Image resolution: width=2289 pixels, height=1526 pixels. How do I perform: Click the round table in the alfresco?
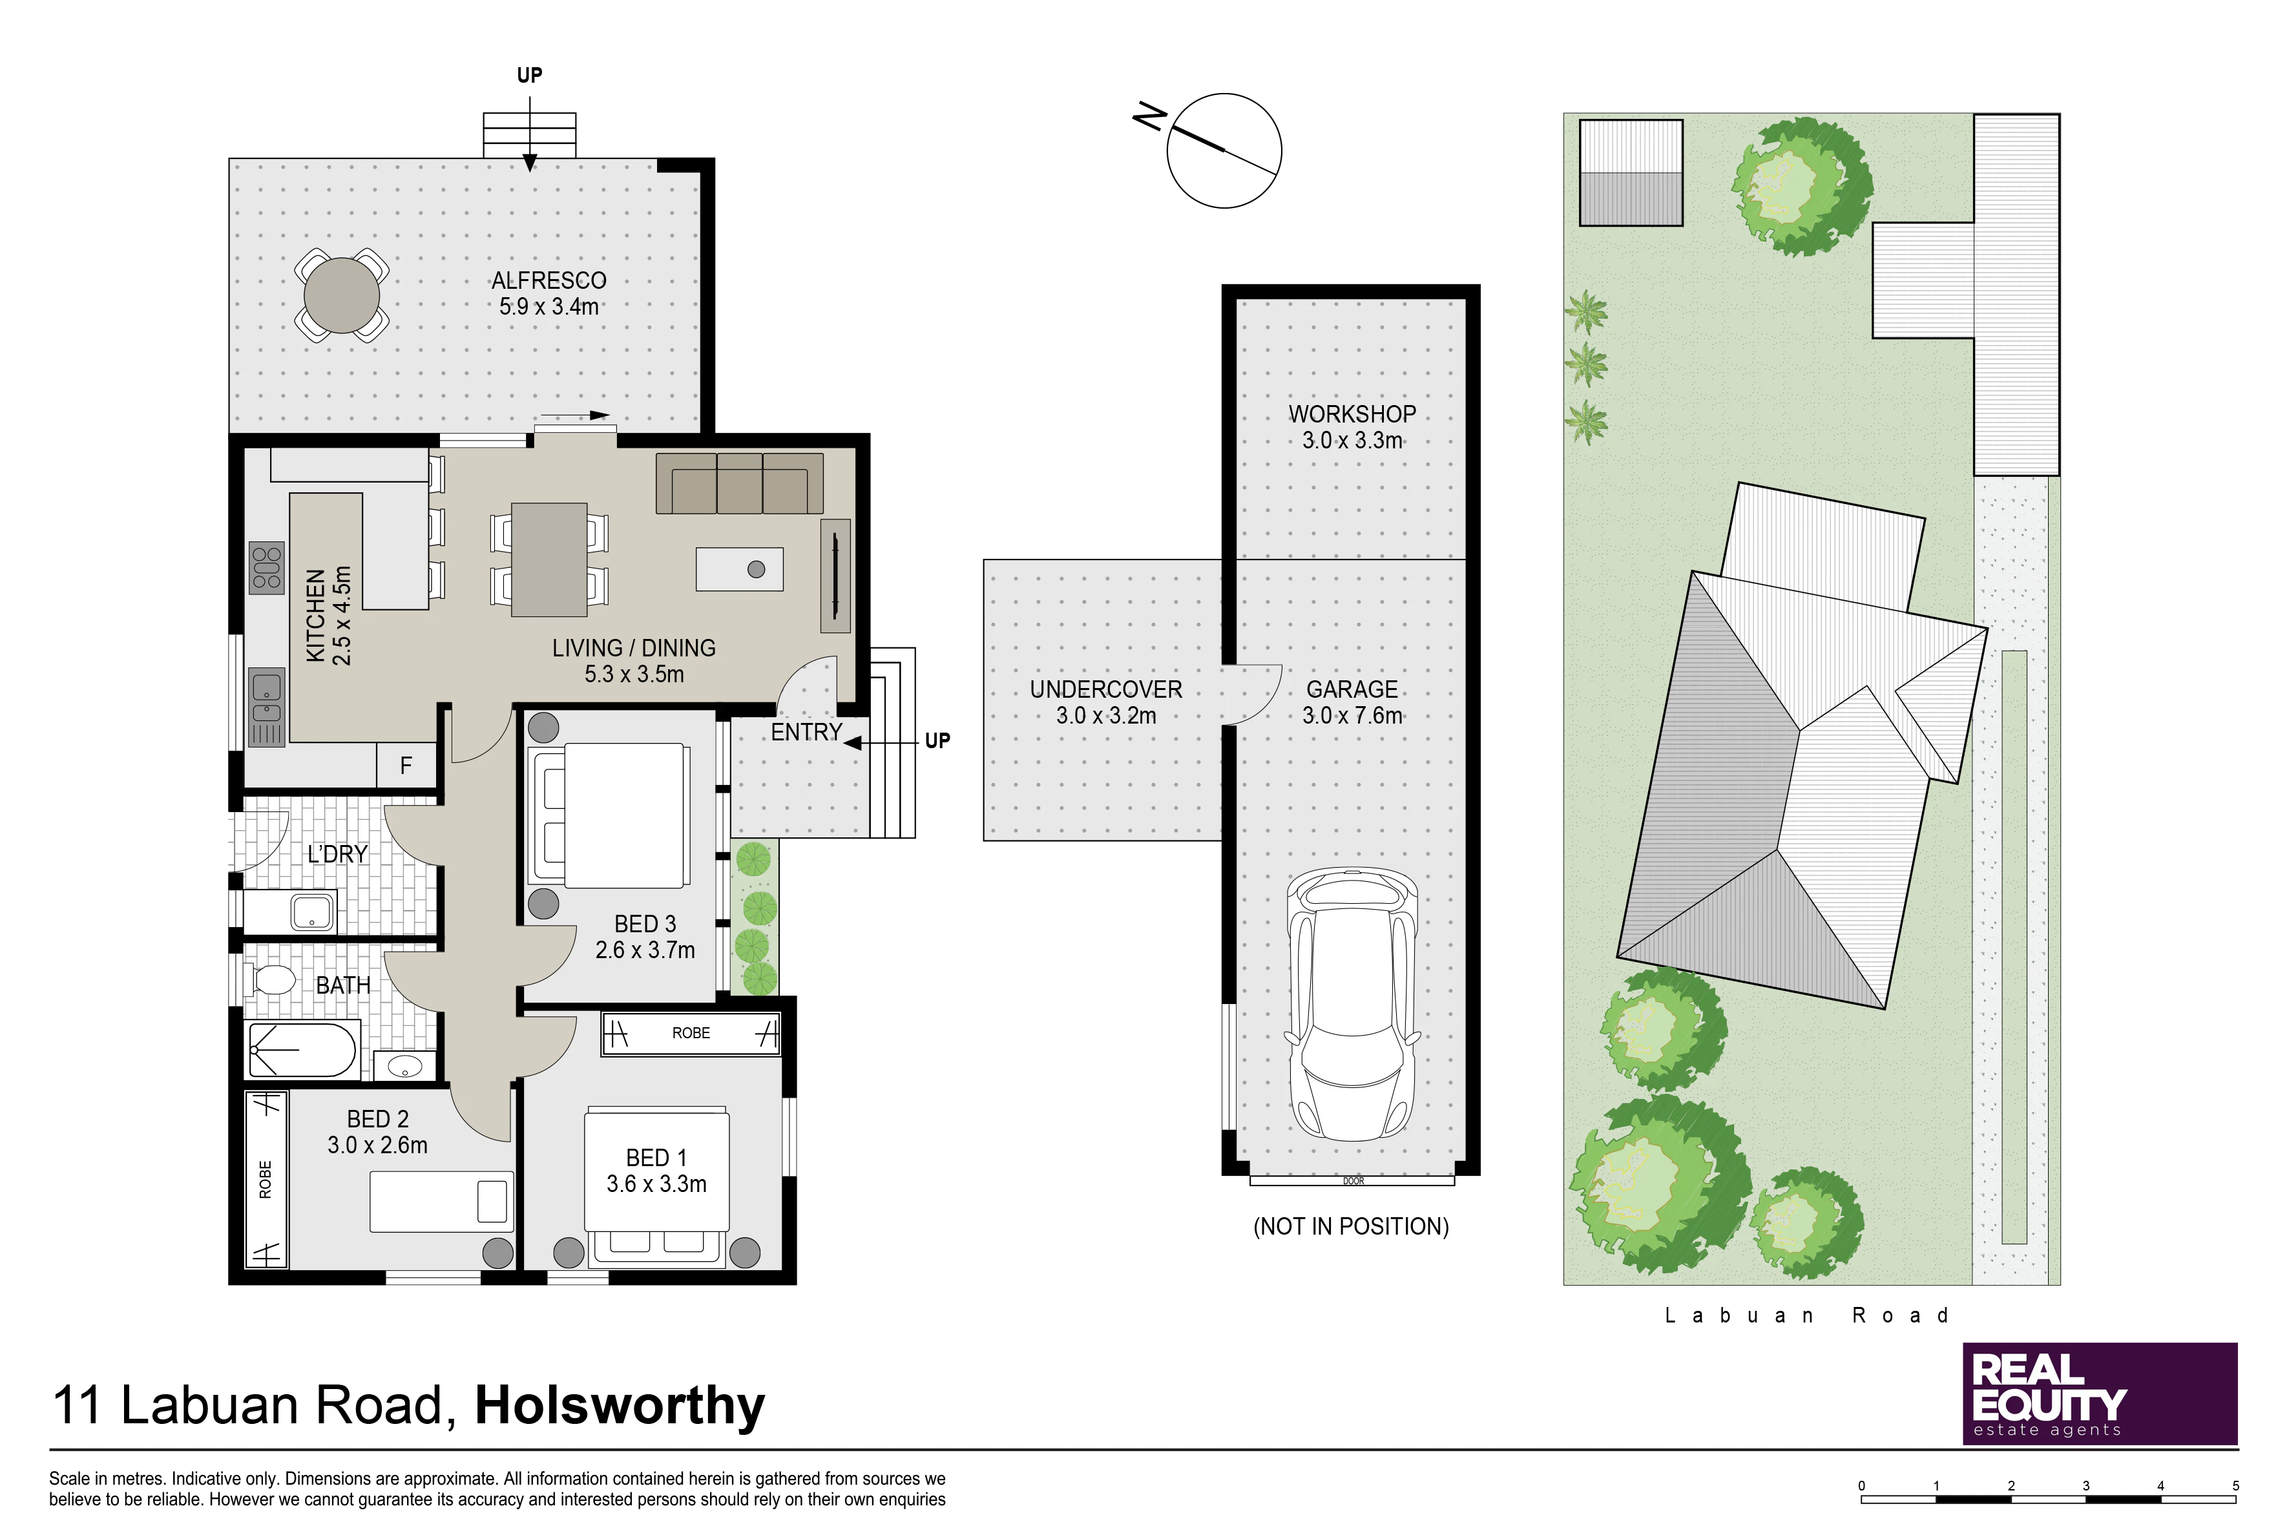tap(342, 295)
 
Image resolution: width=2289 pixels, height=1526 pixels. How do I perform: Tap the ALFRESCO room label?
tap(549, 280)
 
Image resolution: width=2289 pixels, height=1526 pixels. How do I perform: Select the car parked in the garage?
tap(1353, 1003)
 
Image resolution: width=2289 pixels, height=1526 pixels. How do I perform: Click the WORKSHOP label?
tap(1352, 413)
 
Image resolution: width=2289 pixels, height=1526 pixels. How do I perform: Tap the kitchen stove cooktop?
tap(267, 567)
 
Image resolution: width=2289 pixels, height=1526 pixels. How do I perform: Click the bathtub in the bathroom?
tap(302, 1049)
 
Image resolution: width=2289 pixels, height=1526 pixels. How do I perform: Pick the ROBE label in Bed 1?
tap(691, 1032)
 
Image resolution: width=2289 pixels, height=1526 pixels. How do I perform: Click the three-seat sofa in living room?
tap(740, 483)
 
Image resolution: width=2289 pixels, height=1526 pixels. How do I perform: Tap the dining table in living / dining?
tap(549, 559)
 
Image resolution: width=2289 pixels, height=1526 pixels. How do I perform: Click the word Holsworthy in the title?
tap(620, 1405)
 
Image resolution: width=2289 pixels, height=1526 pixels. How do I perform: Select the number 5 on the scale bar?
tap(2235, 1486)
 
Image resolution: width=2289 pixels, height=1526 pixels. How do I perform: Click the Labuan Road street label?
tap(1807, 1316)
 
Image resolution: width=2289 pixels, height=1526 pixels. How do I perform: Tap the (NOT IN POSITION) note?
tap(1351, 1226)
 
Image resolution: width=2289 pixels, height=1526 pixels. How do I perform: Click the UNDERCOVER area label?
tap(1105, 689)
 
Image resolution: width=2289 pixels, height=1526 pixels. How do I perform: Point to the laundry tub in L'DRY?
tap(313, 912)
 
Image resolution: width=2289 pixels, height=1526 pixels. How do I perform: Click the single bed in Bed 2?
tap(441, 1202)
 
